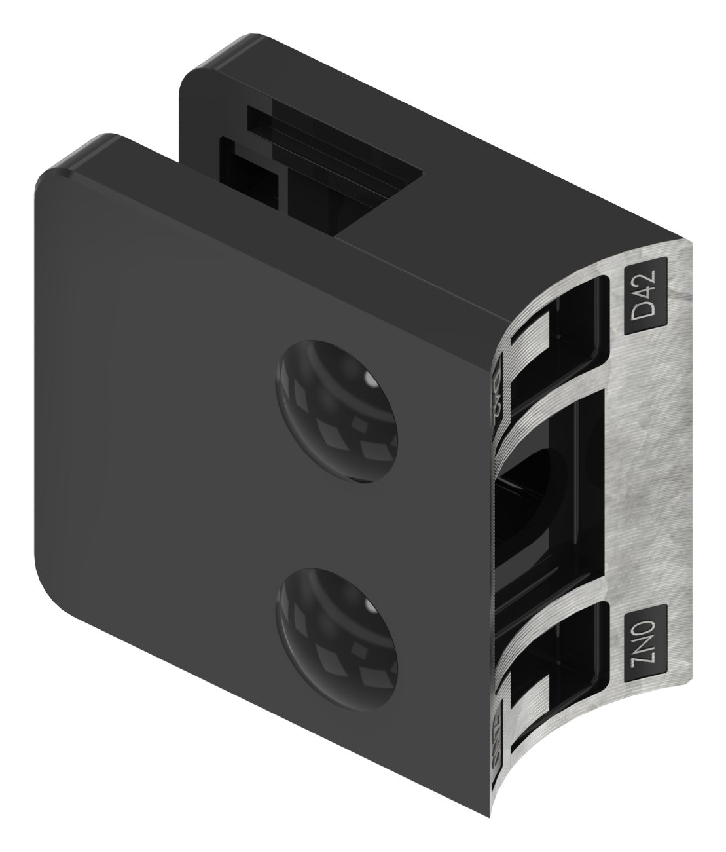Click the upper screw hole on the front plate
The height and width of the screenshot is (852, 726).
338,411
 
